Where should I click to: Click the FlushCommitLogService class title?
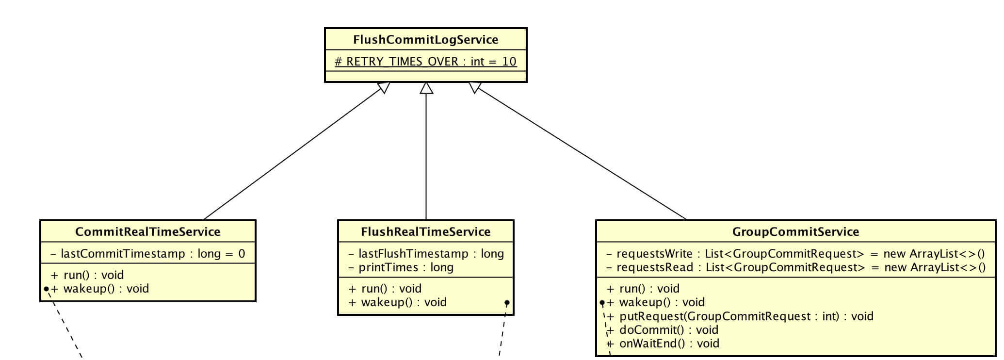click(425, 39)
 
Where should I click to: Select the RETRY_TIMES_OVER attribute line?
click(425, 62)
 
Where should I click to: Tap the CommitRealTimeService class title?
click(147, 231)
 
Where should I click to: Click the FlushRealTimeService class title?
click(425, 231)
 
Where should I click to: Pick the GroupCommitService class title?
click(795, 231)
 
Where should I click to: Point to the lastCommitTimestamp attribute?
click(147, 253)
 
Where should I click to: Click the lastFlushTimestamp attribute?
click(426, 253)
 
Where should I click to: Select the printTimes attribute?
click(401, 267)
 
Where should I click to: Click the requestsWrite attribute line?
click(795, 253)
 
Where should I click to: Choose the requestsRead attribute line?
click(795, 267)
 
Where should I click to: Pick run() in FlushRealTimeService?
click(385, 289)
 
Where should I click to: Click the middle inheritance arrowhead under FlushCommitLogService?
click(426, 88)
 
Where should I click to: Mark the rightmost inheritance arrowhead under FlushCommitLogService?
click(475, 87)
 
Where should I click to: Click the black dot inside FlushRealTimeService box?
click(507, 303)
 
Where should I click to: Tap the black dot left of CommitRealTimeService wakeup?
click(46, 289)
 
